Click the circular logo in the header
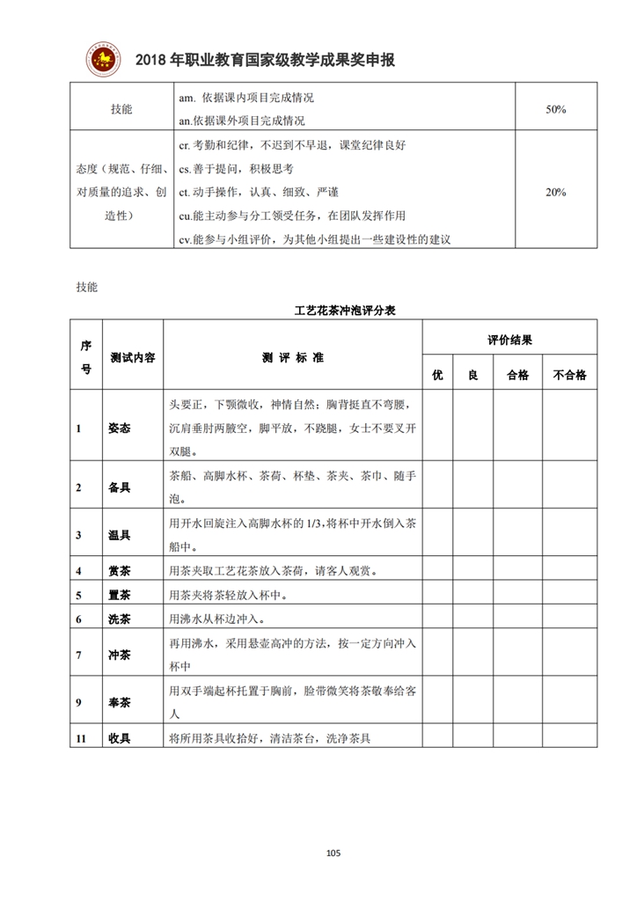click(102, 59)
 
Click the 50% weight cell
click(555, 110)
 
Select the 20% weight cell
click(555, 192)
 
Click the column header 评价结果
click(509, 340)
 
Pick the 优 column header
click(437, 375)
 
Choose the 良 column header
click(472, 375)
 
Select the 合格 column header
click(517, 375)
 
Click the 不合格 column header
click(569, 375)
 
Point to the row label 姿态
click(120, 429)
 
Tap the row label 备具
click(120, 487)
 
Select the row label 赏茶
click(120, 571)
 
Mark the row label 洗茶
click(120, 619)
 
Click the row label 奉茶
click(120, 702)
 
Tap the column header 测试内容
click(133, 357)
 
